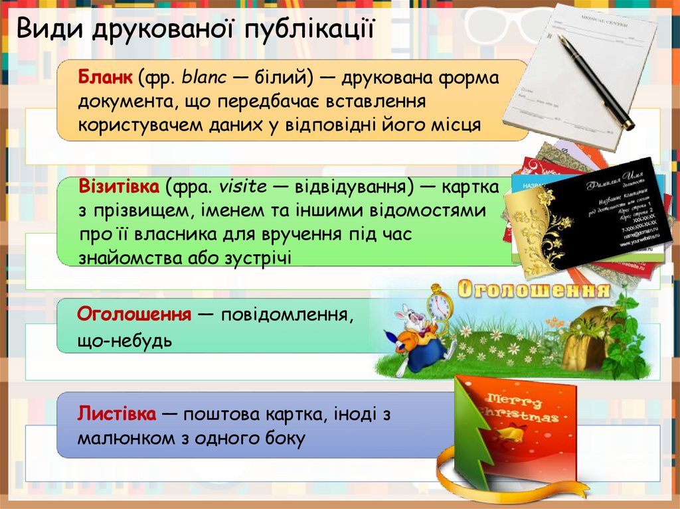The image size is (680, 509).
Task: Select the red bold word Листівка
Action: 117,414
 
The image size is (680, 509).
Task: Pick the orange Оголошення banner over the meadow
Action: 534,289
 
